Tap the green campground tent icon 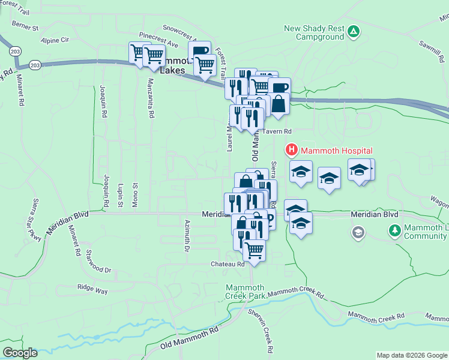[x=354, y=31]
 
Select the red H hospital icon [x=292, y=150]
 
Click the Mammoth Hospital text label [x=337, y=151]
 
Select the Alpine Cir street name [x=55, y=40]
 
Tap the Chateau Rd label [x=228, y=264]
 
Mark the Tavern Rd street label [x=279, y=131]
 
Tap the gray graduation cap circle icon [x=358, y=232]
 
